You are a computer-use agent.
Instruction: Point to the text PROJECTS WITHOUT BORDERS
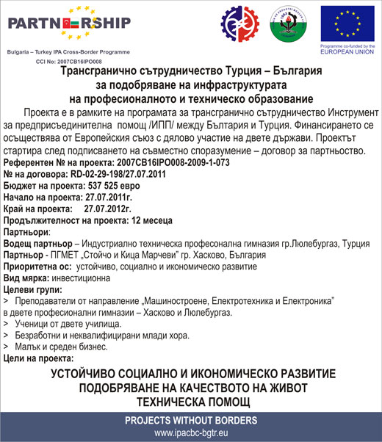click(x=190, y=421)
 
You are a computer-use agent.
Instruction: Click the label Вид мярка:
click(x=27, y=278)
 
